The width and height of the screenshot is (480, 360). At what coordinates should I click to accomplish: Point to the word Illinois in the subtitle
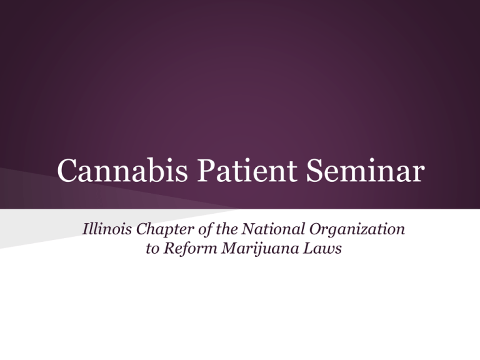(106, 231)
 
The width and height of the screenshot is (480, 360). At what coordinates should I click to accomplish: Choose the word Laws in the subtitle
(311, 249)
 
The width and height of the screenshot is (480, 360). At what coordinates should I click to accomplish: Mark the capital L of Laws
(297, 249)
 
